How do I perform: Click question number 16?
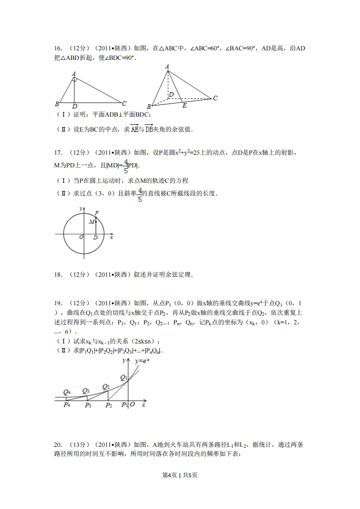click(x=58, y=49)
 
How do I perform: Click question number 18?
click(x=58, y=274)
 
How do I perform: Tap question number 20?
click(x=58, y=445)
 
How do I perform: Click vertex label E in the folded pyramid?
click(x=184, y=106)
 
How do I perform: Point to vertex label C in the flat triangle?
click(x=124, y=103)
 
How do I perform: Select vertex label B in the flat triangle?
click(x=56, y=104)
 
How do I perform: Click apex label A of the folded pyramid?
click(x=167, y=67)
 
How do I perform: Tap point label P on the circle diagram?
click(x=97, y=213)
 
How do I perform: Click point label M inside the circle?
click(x=91, y=221)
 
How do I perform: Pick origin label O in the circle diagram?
click(x=81, y=237)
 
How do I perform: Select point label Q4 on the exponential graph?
click(x=67, y=392)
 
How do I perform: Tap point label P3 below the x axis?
click(x=88, y=405)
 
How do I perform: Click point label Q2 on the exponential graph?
click(x=106, y=387)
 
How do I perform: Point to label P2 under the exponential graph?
click(x=108, y=405)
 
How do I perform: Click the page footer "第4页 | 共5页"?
click(x=180, y=475)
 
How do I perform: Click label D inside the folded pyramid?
click(x=171, y=94)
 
